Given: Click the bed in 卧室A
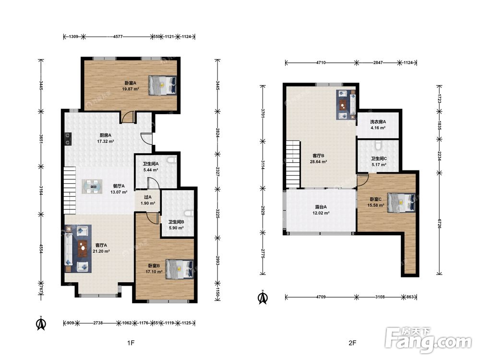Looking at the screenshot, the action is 163,85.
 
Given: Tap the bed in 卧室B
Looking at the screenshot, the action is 180,269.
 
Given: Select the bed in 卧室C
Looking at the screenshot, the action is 401,203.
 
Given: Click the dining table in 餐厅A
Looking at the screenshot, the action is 93,186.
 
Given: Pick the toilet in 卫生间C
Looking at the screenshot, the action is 379,144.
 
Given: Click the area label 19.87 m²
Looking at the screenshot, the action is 131,89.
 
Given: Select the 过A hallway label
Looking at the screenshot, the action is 148,197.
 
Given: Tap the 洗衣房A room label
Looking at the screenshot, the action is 378,122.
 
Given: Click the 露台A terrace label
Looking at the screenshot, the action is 321,207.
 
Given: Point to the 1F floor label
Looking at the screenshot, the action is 131,343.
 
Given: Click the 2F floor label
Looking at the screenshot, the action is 352,343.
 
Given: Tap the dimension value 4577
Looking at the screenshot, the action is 118,37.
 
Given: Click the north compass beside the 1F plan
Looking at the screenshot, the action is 41,323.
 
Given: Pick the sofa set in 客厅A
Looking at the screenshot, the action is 78,249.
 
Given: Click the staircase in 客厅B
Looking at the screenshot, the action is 293,164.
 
